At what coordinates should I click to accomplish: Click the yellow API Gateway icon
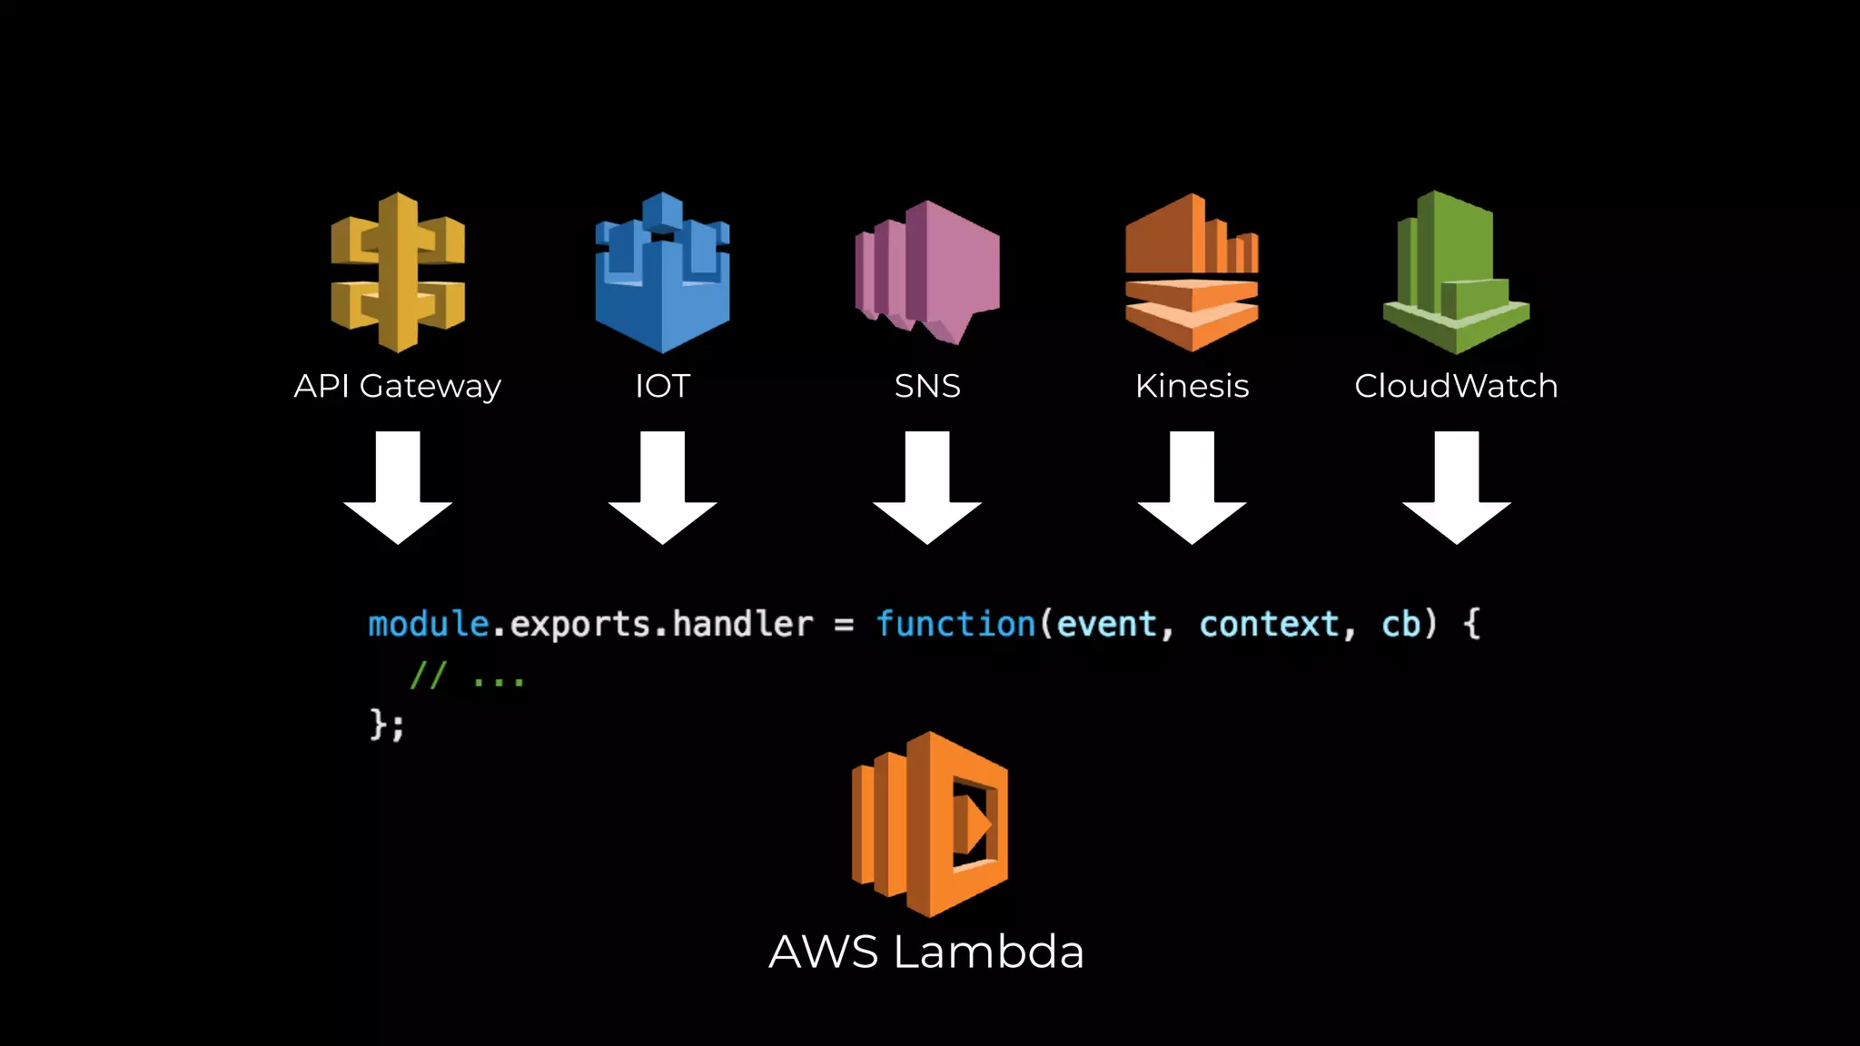click(x=398, y=272)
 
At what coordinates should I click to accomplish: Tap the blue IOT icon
click(x=662, y=272)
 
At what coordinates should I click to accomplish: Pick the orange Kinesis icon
click(x=1192, y=272)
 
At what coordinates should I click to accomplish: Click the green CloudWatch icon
click(x=1456, y=272)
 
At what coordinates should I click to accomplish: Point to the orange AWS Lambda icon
click(x=929, y=824)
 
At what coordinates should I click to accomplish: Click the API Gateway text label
click(x=397, y=387)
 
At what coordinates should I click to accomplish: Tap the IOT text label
click(x=662, y=387)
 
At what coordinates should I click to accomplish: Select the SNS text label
click(x=927, y=387)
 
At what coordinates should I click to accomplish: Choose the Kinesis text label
click(x=1192, y=387)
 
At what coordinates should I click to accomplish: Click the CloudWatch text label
click(x=1456, y=387)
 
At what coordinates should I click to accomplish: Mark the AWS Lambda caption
click(x=926, y=952)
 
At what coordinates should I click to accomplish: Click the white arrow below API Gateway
click(x=398, y=490)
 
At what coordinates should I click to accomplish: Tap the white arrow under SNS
click(x=927, y=490)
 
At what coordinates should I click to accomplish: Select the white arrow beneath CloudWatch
click(x=1457, y=490)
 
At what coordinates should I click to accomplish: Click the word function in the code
click(x=955, y=625)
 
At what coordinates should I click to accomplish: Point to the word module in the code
click(x=428, y=625)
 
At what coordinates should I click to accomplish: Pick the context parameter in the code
click(x=1269, y=625)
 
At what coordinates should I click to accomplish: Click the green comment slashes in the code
click(x=428, y=676)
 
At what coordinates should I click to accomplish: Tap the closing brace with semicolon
click(x=387, y=725)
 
